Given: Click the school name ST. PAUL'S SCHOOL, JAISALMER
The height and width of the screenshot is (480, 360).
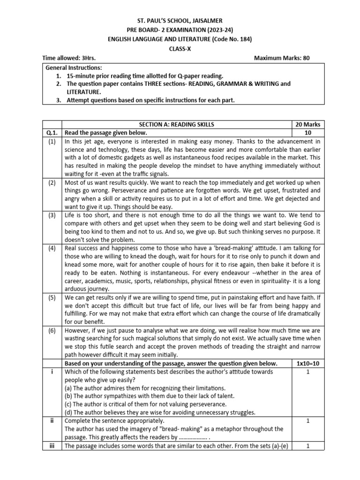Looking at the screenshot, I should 180,21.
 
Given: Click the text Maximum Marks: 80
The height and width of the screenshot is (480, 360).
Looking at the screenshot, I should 282,58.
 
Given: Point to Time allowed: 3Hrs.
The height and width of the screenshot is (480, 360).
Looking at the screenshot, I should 66,58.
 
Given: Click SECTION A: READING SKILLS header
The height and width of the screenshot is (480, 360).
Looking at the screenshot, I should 176,124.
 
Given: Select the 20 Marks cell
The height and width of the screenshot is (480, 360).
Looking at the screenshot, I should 307,124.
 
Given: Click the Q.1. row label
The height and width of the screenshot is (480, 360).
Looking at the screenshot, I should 52,133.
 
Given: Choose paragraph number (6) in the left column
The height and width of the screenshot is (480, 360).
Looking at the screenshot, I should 52,330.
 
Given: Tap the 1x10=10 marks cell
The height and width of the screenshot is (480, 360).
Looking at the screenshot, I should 307,363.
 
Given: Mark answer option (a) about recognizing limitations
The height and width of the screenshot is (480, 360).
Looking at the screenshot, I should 145,388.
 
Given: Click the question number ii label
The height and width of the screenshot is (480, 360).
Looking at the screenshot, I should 52,421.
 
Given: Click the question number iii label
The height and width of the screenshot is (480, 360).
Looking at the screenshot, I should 52,446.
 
